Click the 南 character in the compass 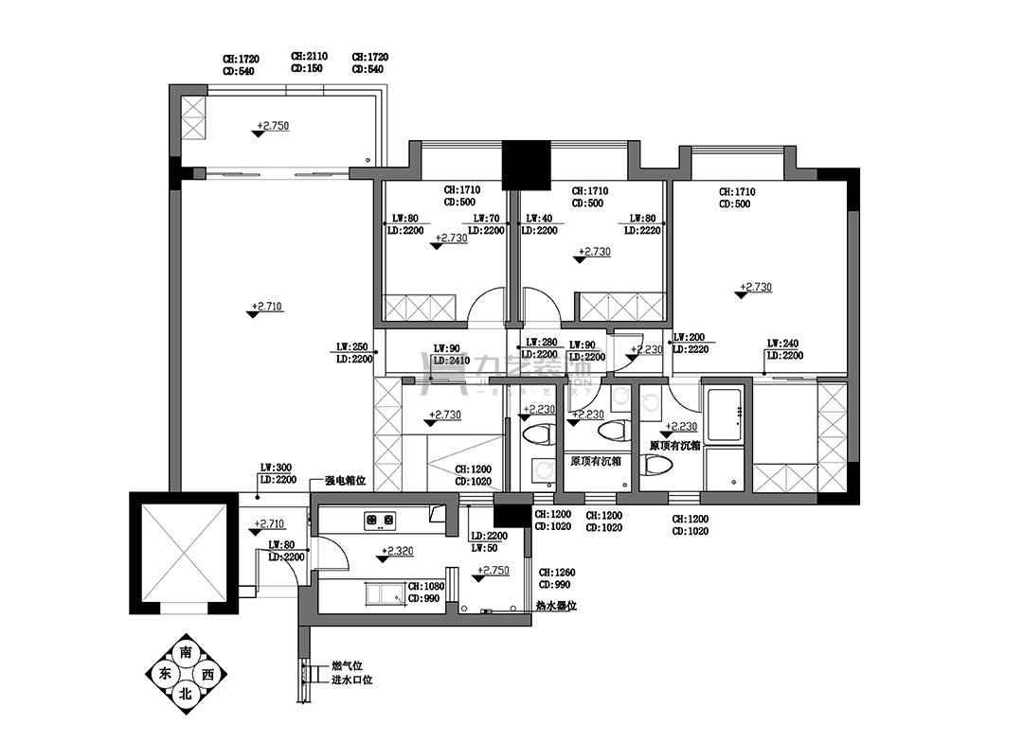pyautogui.click(x=185, y=654)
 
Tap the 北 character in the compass pyautogui.click(x=185, y=693)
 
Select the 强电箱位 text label pyautogui.click(x=345, y=480)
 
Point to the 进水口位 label pyautogui.click(x=351, y=680)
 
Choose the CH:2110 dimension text pyautogui.click(x=309, y=57)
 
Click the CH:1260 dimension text pyautogui.click(x=557, y=573)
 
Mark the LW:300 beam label pyautogui.click(x=276, y=468)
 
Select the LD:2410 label pyautogui.click(x=451, y=361)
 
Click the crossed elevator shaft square pyautogui.click(x=183, y=554)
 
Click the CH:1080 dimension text pyautogui.click(x=426, y=586)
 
